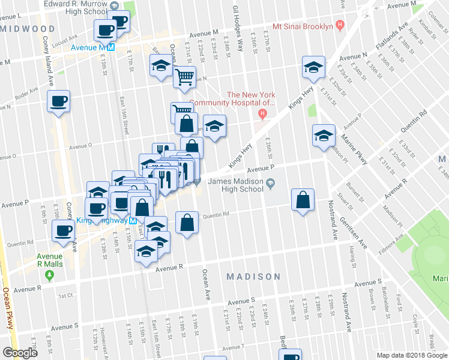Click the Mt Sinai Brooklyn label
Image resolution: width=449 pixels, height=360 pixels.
(x=303, y=27)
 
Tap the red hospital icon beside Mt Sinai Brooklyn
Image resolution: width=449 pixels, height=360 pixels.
(x=340, y=26)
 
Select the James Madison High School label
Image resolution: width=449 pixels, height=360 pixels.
(x=235, y=185)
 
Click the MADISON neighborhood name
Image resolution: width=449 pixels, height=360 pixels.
(x=253, y=277)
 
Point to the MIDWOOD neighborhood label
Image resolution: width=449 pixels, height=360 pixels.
(x=28, y=29)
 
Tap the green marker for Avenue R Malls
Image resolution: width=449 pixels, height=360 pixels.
(x=50, y=275)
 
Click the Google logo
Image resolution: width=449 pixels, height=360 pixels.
(x=20, y=353)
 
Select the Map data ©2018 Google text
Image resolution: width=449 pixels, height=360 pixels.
(x=411, y=355)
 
